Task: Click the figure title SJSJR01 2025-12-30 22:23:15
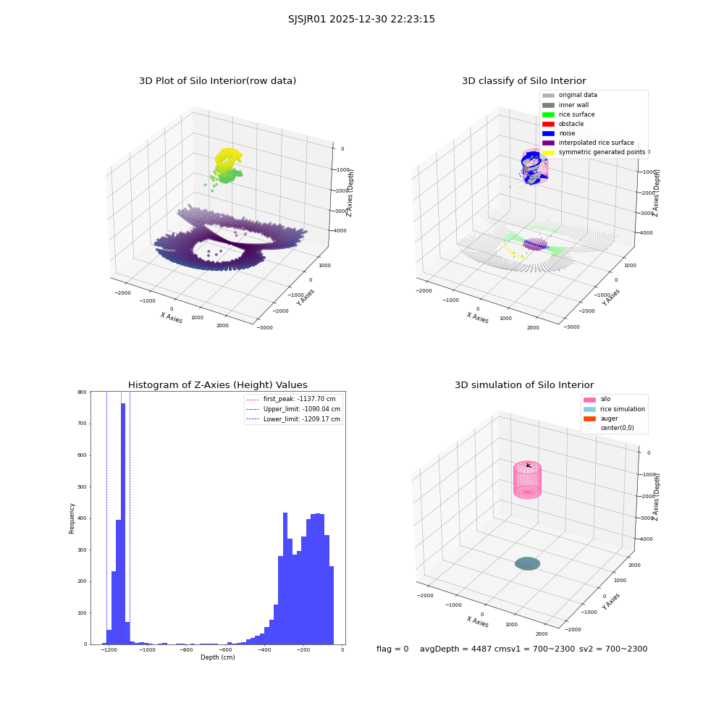point(361,19)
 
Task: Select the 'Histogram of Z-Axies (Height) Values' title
point(217,384)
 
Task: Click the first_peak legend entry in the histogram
point(291,399)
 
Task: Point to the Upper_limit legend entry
point(293,409)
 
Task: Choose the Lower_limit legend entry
point(293,419)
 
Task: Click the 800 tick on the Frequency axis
point(82,392)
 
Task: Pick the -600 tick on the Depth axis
point(225,650)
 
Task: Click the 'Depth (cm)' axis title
point(217,657)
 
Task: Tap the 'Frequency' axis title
point(72,518)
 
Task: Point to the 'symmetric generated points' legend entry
point(594,152)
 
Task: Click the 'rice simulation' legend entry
point(614,409)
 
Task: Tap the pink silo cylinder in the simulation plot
point(527,480)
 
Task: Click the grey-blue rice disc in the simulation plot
point(527,564)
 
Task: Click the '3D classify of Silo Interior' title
point(524,81)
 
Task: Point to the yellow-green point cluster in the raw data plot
point(226,164)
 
